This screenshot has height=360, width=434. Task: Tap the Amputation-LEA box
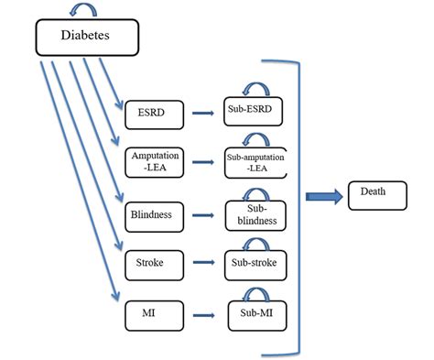[155, 162]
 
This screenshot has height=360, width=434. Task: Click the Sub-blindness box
[255, 215]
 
